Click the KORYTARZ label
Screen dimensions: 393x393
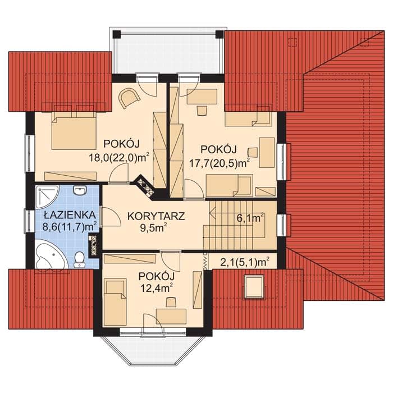(156, 216)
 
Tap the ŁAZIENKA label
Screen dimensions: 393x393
(70, 215)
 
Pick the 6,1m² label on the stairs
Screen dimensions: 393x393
(250, 218)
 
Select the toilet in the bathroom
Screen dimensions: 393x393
(80, 259)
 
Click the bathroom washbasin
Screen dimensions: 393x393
(80, 191)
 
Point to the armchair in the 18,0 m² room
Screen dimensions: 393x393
(129, 98)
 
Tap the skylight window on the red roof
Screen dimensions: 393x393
(254, 286)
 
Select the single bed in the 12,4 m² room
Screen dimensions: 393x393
(115, 303)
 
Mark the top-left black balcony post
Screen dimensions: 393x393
(117, 34)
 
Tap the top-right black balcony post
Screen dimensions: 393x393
(220, 34)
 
